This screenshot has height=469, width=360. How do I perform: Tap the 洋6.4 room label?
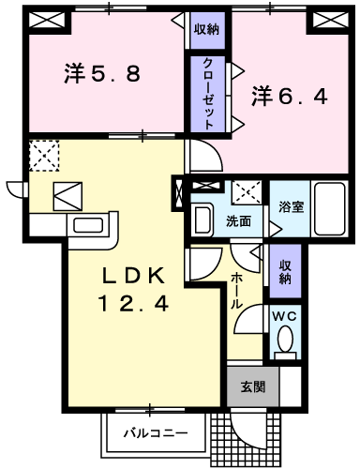(288, 95)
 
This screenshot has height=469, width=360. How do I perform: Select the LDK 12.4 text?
(134, 289)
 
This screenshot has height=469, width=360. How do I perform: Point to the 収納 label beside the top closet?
(206, 29)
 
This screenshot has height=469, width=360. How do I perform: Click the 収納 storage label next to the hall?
(284, 270)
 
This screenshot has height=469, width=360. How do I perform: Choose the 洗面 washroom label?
(238, 221)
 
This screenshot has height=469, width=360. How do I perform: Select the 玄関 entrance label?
(251, 385)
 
